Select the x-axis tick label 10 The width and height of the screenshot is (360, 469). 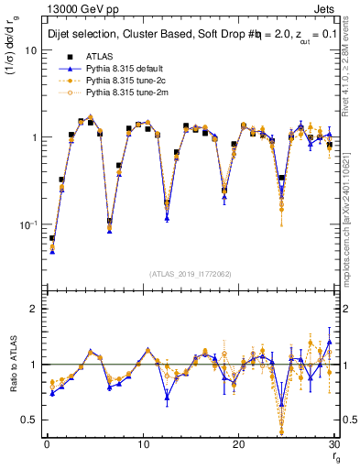(x=142, y=444)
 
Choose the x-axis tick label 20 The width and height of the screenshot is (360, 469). (x=238, y=444)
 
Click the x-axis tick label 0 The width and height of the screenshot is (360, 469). (x=47, y=444)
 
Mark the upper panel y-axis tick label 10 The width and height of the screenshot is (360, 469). (x=31, y=50)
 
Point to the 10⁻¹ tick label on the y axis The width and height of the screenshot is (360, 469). (x=27, y=224)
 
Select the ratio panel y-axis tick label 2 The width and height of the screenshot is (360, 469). (x=34, y=309)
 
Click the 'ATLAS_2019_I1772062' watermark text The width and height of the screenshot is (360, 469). (x=190, y=274)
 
